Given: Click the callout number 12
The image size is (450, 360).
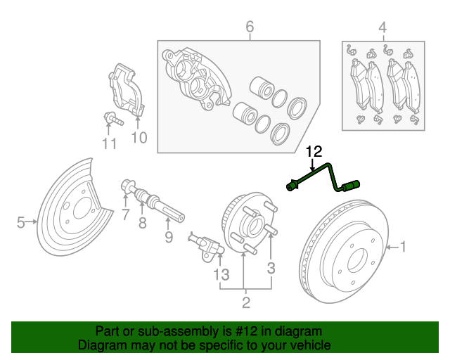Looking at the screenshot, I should tap(314, 151).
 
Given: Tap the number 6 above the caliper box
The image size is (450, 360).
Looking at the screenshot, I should tap(249, 27).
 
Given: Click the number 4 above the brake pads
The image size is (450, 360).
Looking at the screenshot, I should tap(382, 27).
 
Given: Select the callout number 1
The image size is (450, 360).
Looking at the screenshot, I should tap(403, 246).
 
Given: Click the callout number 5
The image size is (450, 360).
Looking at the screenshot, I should tap(21, 223).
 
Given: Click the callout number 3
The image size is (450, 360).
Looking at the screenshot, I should tap(271, 267).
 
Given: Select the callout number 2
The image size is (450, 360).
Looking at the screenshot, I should tap(245, 303).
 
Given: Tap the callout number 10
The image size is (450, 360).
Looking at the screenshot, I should tap(139, 138).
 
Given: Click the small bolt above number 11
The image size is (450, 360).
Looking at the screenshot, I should tap(110, 119).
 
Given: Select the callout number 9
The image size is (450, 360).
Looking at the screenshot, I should tap(169, 237).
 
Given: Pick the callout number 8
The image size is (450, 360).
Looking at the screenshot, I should tap(142, 224).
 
